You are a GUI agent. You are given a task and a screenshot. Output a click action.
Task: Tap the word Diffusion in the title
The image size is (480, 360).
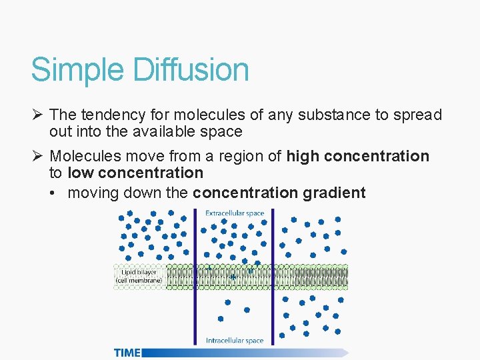(x=191, y=69)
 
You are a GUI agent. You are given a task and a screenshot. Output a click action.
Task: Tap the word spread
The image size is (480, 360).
(x=419, y=115)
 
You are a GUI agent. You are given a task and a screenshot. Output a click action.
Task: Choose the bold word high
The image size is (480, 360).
(x=303, y=157)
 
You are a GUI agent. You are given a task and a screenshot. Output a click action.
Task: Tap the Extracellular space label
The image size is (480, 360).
(x=235, y=213)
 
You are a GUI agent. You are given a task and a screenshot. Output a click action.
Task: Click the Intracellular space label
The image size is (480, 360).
(x=235, y=341)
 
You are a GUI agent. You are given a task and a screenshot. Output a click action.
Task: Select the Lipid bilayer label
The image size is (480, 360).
(x=138, y=272)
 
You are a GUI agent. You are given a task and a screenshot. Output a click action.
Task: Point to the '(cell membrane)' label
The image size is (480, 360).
(x=139, y=281)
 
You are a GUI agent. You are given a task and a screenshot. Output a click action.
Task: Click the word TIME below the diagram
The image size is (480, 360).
(x=127, y=353)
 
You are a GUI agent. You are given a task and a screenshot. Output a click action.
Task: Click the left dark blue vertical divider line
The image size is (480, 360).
(x=195, y=277)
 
